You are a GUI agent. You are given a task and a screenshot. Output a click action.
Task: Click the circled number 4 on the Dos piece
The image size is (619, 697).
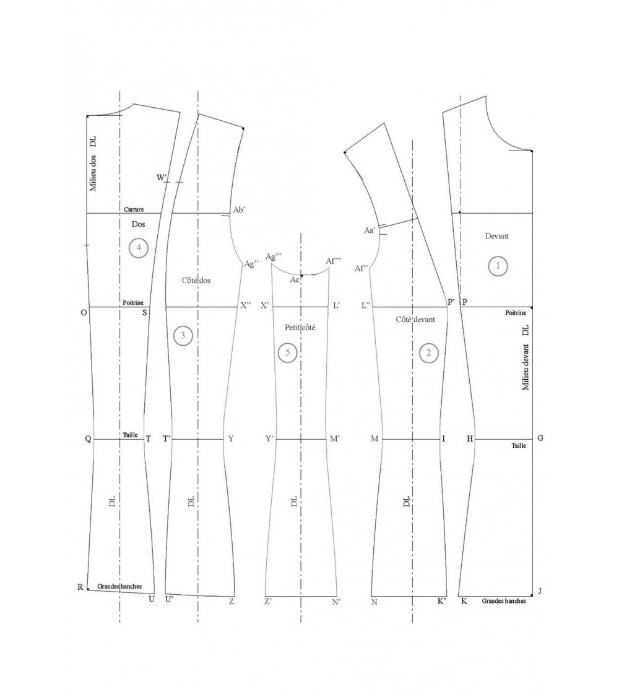(139, 248)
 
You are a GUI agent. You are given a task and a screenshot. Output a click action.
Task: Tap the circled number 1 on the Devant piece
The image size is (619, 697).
(498, 266)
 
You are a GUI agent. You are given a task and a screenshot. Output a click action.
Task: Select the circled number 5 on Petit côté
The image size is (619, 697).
(287, 353)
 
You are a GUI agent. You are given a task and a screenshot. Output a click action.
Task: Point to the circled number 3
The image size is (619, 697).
(183, 336)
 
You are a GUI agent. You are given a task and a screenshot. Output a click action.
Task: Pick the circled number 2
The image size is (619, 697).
(428, 353)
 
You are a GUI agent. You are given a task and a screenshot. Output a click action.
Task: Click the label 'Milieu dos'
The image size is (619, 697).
(93, 173)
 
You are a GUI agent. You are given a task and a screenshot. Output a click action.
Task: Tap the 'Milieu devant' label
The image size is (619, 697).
(526, 367)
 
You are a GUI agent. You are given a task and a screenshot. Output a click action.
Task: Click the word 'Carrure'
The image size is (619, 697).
(134, 209)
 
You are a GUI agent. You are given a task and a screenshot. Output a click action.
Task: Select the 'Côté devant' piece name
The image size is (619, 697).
(415, 320)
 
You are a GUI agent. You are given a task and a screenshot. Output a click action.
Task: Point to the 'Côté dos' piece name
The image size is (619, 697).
(196, 281)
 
